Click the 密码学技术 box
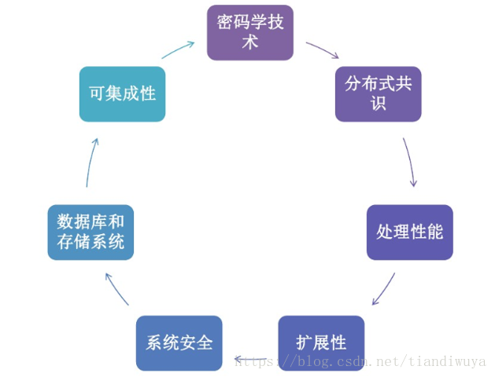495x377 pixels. coord(249,33)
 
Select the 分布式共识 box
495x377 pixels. coord(378,93)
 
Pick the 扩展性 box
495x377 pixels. coord(321,343)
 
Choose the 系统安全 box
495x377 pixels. coord(179,343)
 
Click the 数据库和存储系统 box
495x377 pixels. coord(91,232)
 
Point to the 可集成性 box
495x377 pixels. coord(122,93)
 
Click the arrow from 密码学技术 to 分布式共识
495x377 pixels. coord(323,49)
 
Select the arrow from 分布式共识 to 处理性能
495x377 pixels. coord(410,162)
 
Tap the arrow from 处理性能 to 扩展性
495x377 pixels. coord(384,289)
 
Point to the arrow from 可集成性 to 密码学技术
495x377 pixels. coord(178,49)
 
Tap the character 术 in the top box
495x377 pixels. coord(250,42)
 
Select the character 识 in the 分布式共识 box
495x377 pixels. coord(378,104)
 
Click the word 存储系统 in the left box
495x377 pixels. coord(98,242)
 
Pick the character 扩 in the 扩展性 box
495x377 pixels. coord(304,343)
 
